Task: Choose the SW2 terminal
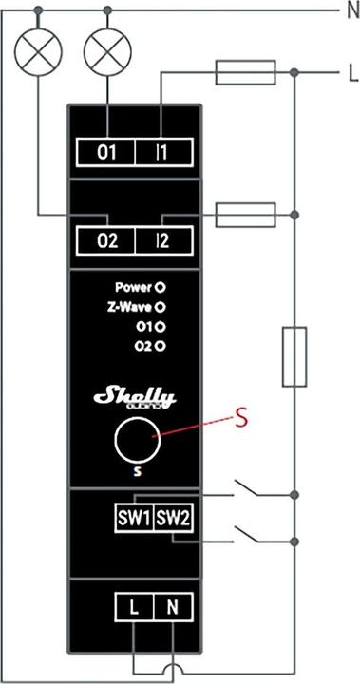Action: pos(173,519)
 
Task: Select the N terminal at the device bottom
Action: pos(172,606)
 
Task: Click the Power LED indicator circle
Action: pos(161,285)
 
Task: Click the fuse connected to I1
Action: pos(247,71)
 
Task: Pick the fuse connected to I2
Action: pos(247,216)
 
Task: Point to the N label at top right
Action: pos(350,13)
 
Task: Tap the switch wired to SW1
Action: pos(249,490)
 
